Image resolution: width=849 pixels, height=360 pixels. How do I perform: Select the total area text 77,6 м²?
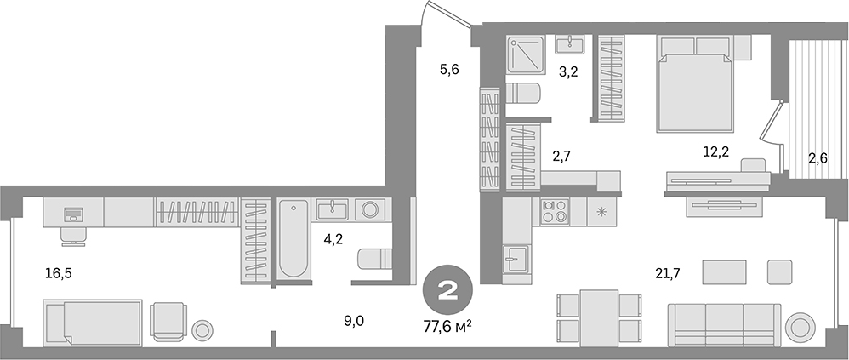[x=447, y=324]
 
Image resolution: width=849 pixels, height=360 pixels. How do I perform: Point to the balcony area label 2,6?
[x=818, y=157]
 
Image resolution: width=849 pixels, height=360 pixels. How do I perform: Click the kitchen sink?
[x=515, y=258]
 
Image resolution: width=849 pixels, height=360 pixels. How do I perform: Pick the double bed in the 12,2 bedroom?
[x=694, y=85]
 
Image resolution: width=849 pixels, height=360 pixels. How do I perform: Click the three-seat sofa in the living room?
[x=724, y=323]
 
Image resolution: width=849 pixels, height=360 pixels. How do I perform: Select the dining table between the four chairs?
[x=598, y=316]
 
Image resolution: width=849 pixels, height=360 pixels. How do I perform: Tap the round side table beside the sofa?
[x=800, y=325]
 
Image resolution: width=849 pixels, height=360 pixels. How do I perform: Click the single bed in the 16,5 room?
[x=92, y=321]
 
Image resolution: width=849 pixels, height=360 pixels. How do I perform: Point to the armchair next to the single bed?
[x=167, y=322]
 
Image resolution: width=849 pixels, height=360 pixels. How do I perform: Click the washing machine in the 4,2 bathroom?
[x=370, y=209]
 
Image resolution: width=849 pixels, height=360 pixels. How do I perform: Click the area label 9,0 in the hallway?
[x=355, y=321]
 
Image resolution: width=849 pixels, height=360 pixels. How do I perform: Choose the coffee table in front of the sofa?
[x=725, y=272]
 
